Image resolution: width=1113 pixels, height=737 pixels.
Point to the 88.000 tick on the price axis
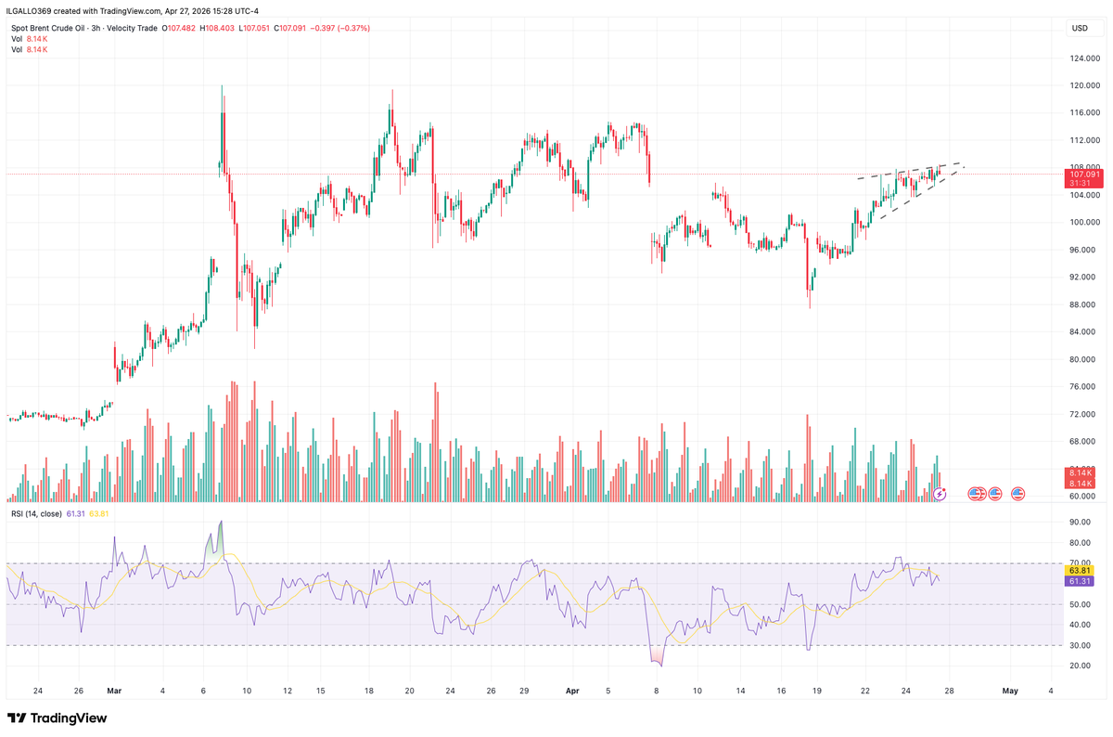tap(1079, 304)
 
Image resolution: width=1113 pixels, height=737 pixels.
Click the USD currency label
tap(1080, 28)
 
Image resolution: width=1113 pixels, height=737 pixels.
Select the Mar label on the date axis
tap(114, 691)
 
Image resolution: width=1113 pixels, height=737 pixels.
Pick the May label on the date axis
tap(1010, 691)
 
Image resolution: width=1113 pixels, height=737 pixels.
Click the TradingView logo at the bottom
tap(58, 718)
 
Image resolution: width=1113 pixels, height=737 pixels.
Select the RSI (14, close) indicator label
tap(36, 513)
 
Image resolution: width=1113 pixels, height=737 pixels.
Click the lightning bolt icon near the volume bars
tap(940, 494)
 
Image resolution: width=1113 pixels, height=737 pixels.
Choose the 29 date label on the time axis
tap(524, 691)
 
